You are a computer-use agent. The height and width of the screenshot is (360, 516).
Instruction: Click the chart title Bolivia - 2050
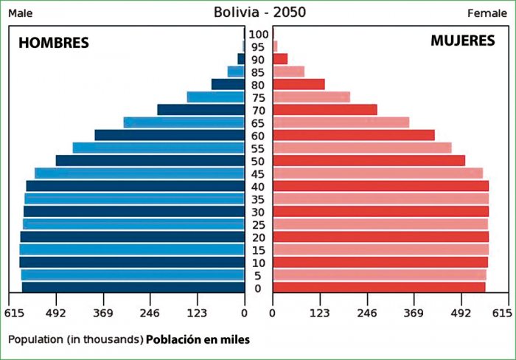259,13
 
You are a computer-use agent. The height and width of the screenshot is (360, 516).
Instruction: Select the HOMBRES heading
53,44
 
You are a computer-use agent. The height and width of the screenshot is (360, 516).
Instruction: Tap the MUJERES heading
462,41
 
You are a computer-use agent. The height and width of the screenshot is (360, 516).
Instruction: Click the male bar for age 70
201,110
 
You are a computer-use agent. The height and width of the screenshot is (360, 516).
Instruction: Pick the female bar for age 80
299,85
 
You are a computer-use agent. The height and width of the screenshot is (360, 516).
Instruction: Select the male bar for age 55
158,148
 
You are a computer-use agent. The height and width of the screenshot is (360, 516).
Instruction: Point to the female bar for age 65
341,122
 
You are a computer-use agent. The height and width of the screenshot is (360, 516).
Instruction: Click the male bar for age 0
133,288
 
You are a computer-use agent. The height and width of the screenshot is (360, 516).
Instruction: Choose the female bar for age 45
377,173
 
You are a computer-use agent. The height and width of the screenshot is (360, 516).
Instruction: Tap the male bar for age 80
228,85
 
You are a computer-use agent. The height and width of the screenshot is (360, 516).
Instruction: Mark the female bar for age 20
380,237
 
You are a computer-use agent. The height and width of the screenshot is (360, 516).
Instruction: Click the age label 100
259,34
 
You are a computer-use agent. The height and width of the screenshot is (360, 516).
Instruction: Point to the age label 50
259,161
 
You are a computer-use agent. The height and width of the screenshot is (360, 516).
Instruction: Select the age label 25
259,224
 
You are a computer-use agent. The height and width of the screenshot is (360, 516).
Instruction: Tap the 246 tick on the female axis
367,314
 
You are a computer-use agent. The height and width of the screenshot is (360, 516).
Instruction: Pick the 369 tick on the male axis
103,314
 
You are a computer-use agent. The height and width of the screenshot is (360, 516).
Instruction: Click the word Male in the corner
20,13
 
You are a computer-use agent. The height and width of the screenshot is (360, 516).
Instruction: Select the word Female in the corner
487,13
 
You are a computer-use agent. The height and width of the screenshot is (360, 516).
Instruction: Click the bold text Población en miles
198,340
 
